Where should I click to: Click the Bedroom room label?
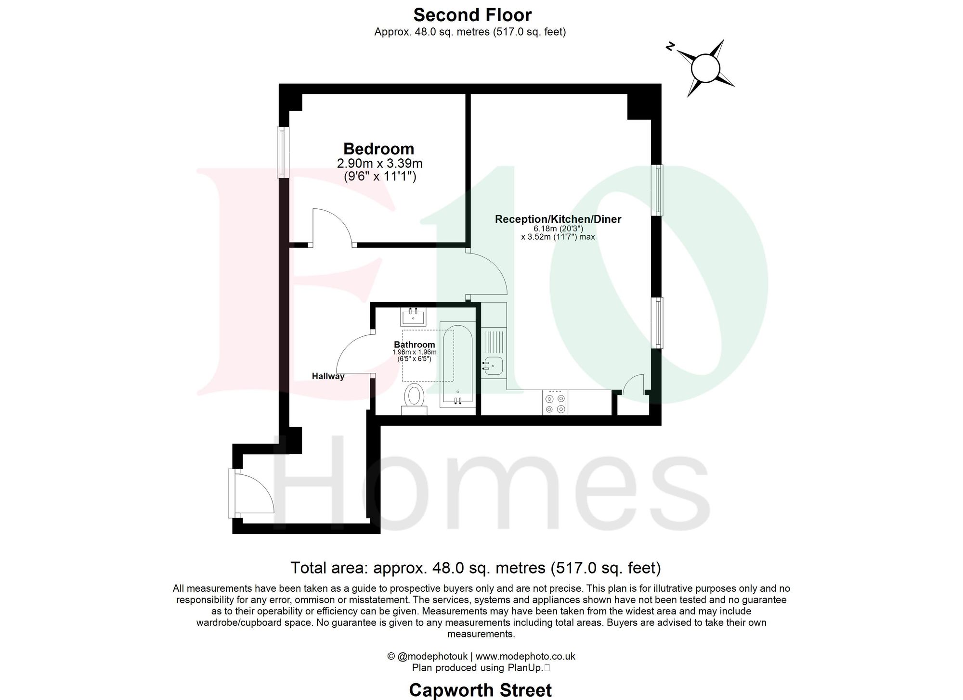(378, 149)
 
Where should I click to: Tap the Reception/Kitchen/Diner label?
(558, 219)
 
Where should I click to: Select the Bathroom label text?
(414, 344)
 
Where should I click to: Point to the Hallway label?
(328, 376)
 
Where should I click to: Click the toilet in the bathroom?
(414, 397)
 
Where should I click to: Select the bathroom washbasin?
(413, 318)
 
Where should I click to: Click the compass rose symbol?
(705, 69)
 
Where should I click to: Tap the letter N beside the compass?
(670, 47)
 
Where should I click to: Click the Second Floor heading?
(472, 15)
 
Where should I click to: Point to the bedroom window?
(283, 152)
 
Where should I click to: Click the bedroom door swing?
(332, 226)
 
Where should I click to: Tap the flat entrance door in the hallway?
(253, 494)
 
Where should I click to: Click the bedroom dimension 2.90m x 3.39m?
(379, 164)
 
